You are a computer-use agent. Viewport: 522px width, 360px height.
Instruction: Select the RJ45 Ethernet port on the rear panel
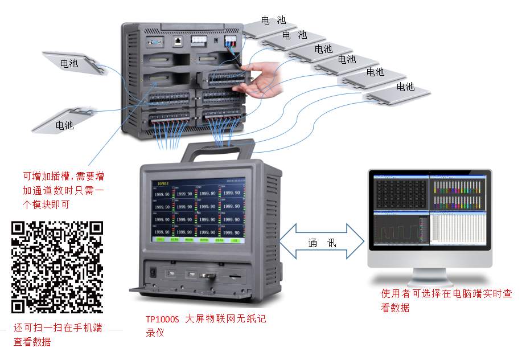(178, 41)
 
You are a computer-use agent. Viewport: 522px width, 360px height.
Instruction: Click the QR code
(57, 267)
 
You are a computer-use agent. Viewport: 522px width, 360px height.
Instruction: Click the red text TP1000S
(162, 320)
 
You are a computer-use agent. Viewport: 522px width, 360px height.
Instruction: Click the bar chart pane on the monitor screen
(459, 193)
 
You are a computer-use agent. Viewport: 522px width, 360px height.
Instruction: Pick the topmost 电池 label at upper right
(273, 20)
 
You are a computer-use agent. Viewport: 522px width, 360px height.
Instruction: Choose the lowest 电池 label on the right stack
(405, 87)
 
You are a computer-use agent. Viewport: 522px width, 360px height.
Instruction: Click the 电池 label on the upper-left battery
(69, 64)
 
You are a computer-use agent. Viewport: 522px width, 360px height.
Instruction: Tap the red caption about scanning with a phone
(57, 334)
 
